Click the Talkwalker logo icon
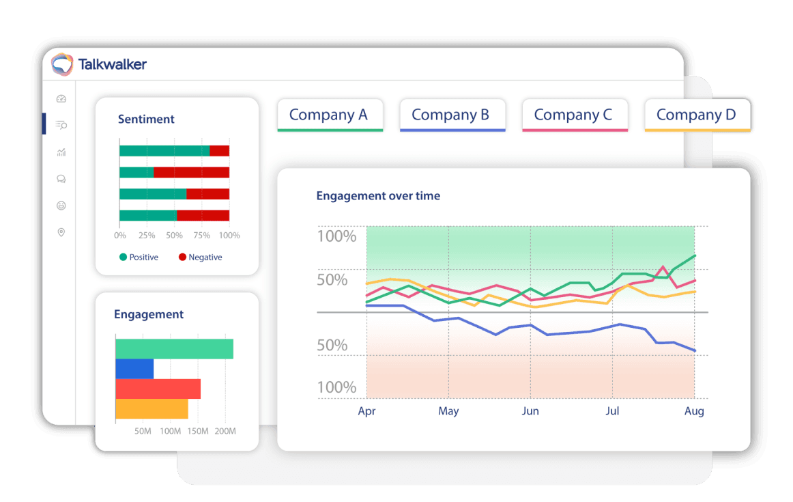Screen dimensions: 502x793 62,64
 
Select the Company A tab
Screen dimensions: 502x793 329,115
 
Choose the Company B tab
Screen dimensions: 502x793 451,115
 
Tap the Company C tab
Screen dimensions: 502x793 573,115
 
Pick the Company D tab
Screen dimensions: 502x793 696,115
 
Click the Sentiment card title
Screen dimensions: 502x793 146,119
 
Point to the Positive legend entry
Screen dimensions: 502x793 139,257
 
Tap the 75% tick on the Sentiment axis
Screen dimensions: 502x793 201,235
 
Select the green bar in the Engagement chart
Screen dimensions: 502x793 174,348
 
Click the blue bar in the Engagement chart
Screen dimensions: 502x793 134,369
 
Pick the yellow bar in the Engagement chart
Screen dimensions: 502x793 152,409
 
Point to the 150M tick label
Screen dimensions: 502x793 198,431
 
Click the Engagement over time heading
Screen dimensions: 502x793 378,196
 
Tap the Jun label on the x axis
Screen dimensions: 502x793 530,411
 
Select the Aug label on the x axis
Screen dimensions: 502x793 694,411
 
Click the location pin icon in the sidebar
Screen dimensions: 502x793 61,233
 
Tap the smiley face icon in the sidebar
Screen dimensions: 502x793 61,206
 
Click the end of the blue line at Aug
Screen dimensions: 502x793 695,351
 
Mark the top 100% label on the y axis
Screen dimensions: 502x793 337,237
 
